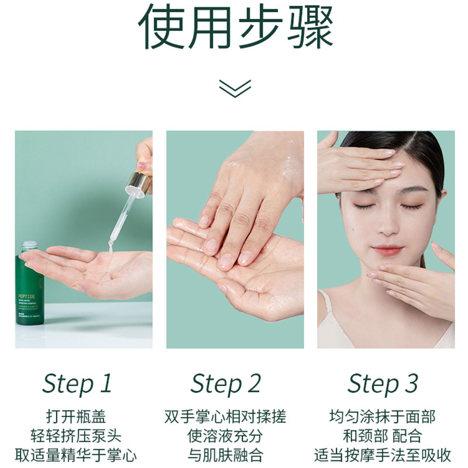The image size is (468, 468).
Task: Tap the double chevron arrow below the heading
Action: pos(235,87)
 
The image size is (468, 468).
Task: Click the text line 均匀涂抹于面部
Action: pos(383,417)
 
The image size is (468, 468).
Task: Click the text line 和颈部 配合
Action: pos(383,436)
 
